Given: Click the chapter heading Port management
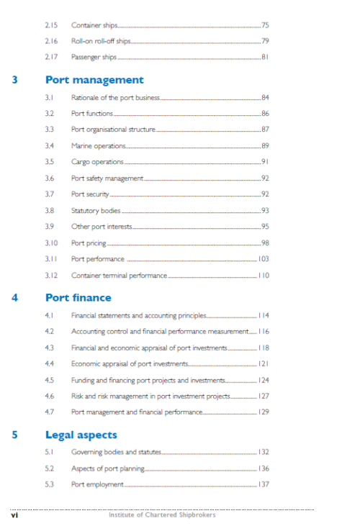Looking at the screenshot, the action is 94,80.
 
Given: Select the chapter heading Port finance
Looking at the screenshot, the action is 78,297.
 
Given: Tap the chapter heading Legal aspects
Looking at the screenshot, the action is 81,435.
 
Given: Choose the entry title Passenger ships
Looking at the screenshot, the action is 94,57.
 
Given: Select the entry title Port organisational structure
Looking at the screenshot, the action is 113,130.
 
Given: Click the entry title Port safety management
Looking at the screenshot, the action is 107,178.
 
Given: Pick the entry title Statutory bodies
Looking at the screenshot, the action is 96,211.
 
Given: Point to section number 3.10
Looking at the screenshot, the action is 50,243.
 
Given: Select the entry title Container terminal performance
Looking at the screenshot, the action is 119,276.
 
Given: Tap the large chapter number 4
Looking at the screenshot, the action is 15,297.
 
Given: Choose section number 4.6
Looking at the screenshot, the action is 50,396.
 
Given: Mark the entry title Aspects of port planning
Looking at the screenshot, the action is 108,468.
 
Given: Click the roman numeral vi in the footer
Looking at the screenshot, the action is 14,514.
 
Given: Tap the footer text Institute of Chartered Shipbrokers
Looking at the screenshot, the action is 161,514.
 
